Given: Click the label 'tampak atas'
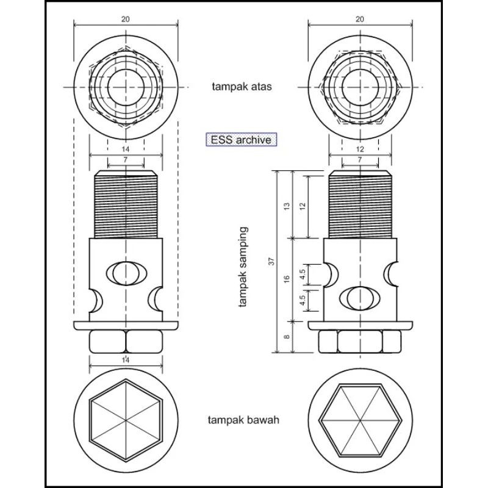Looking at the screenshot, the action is pyautogui.click(x=242, y=86).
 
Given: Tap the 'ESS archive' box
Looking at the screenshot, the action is pyautogui.click(x=241, y=140).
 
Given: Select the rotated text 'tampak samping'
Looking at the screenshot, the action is pyautogui.click(x=243, y=267).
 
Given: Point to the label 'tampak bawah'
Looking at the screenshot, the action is pyautogui.click(x=243, y=420).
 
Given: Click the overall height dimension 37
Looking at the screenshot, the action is pyautogui.click(x=271, y=262).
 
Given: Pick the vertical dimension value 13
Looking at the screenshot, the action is pyautogui.click(x=287, y=206).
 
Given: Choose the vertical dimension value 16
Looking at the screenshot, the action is pyautogui.click(x=287, y=279).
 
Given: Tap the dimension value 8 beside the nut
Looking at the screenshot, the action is pyautogui.click(x=287, y=337).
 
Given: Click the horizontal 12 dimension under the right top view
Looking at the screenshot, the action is pyautogui.click(x=360, y=149).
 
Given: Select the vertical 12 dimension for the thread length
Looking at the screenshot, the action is pyautogui.click(x=303, y=206).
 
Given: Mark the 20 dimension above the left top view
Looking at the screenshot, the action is pyautogui.click(x=126, y=20).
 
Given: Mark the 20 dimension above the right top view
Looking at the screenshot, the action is pyautogui.click(x=360, y=20).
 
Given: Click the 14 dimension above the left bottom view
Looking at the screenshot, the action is pyautogui.click(x=126, y=360).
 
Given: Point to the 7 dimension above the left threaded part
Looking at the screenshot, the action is pyautogui.click(x=126, y=160).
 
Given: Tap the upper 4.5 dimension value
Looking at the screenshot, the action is pyautogui.click(x=303, y=274).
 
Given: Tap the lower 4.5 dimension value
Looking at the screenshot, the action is pyautogui.click(x=303, y=300).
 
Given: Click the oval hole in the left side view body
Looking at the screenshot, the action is pyautogui.click(x=126, y=273).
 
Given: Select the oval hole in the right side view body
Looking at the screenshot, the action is pyautogui.click(x=360, y=298).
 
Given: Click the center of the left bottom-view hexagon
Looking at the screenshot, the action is pyautogui.click(x=126, y=421).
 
